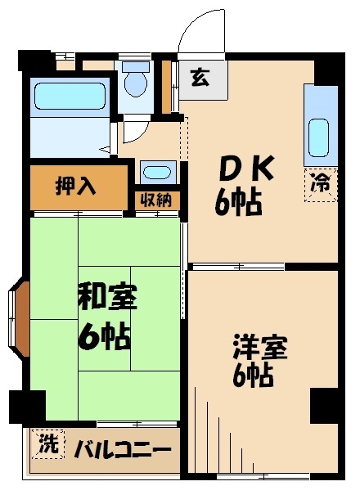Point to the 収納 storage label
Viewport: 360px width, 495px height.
[x=155, y=199]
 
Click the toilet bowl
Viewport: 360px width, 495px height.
[x=134, y=83]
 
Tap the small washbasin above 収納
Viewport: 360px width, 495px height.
[x=155, y=172]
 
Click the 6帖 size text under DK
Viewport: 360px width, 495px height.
[x=239, y=201]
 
